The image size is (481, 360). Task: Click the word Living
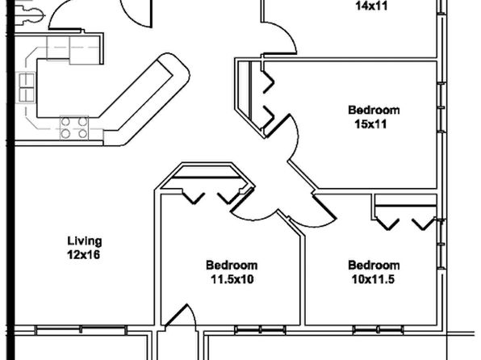tap(85, 241)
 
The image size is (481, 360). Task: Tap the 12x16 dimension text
tap(84, 255)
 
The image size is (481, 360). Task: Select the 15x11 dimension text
tap(370, 124)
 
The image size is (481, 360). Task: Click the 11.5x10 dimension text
tap(232, 279)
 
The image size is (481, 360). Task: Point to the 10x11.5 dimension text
tap(373, 279)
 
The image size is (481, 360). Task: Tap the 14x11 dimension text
tap(371, 6)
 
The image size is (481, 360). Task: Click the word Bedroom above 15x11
tap(374, 110)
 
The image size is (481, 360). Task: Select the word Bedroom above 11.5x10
tap(232, 266)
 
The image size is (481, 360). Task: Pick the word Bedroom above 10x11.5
tap(374, 266)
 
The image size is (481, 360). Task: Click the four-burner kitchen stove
tap(74, 128)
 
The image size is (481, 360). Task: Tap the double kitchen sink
tap(27, 87)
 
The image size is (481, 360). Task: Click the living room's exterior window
tap(81, 330)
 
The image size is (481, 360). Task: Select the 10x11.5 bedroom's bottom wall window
tap(378, 330)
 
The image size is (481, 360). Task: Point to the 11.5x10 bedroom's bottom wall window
tap(260, 330)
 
